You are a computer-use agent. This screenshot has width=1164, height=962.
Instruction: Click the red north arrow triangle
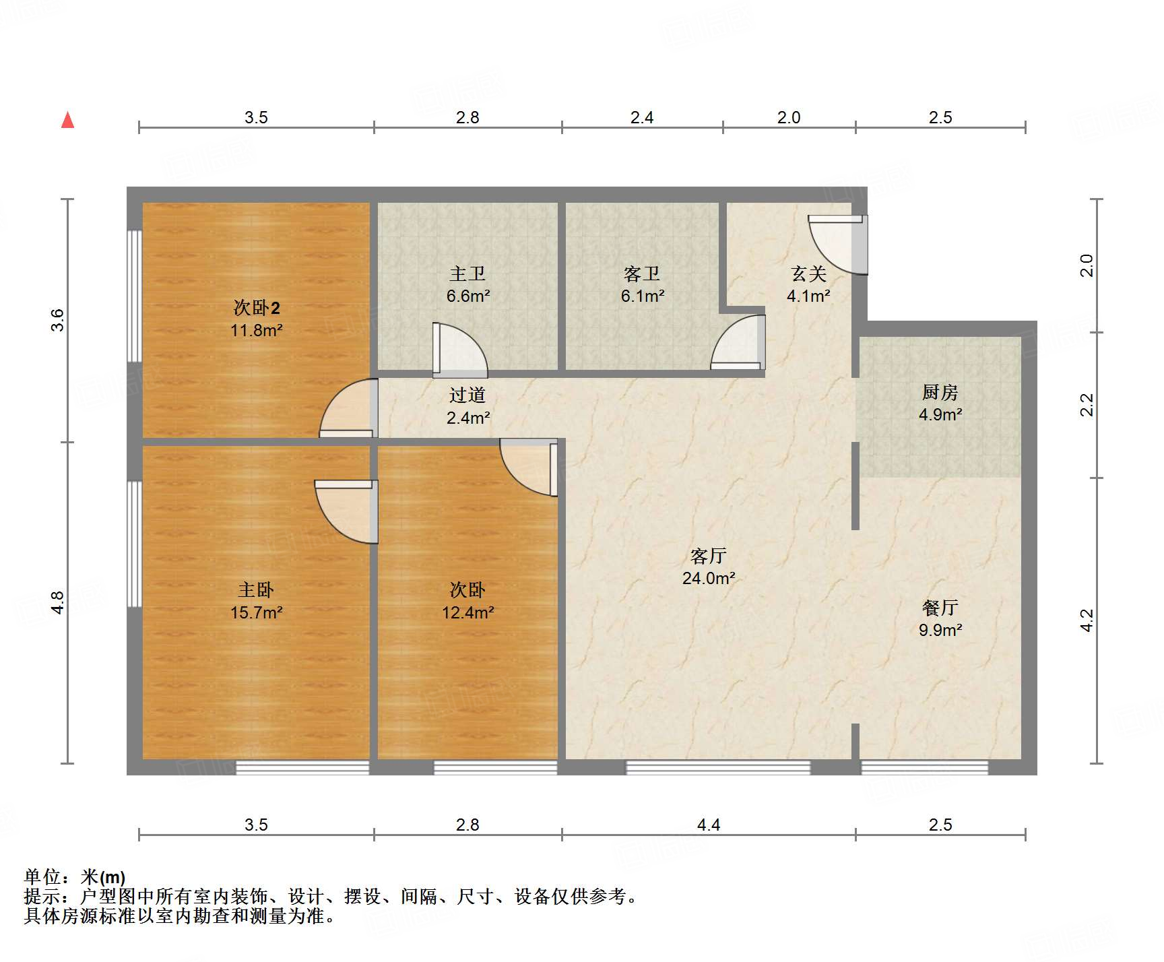tap(67, 121)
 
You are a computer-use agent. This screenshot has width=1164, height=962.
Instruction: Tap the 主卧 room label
tap(256, 590)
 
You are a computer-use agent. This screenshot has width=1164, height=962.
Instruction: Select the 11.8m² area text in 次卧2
tap(256, 331)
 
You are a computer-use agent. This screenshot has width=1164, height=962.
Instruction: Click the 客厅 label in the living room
tap(709, 556)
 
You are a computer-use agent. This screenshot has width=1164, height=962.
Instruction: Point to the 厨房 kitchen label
tap(940, 392)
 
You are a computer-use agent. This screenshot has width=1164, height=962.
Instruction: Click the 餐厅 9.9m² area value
tap(940, 631)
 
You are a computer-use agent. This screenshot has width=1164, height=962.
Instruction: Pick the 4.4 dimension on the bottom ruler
tap(709, 825)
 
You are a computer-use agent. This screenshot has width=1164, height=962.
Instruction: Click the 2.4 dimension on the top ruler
tap(642, 118)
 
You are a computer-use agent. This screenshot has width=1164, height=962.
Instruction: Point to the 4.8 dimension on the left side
tap(58, 602)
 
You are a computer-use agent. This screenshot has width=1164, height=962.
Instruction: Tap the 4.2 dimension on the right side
tap(1087, 620)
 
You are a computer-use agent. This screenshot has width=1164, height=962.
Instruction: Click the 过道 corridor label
tap(467, 395)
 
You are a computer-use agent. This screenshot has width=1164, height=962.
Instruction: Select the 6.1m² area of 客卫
tap(643, 296)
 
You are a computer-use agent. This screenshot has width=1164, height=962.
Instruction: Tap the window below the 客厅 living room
tap(718, 767)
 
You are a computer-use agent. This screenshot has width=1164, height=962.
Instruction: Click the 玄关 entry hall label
tap(808, 274)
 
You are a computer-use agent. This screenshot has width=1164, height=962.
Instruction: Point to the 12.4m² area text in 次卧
tap(467, 613)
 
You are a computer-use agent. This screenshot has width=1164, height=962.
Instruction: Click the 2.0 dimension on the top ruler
tap(789, 118)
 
